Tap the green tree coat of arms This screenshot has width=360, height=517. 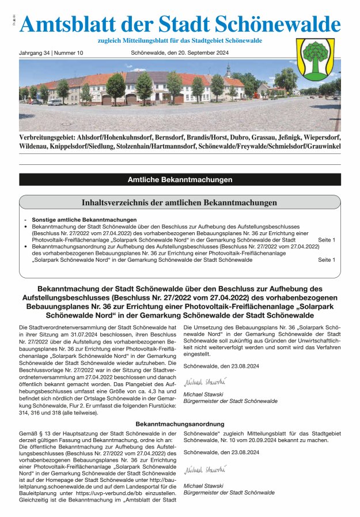[315, 60]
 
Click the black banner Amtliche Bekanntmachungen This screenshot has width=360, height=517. [180, 180]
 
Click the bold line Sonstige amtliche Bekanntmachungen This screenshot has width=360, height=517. [84, 220]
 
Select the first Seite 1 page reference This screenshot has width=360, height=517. [326, 239]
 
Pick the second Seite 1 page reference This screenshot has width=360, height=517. [326, 260]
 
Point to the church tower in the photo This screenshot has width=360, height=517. [229, 71]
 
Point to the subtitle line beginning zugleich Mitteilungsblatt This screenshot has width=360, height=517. [180, 40]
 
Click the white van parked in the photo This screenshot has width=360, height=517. [55, 101]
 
